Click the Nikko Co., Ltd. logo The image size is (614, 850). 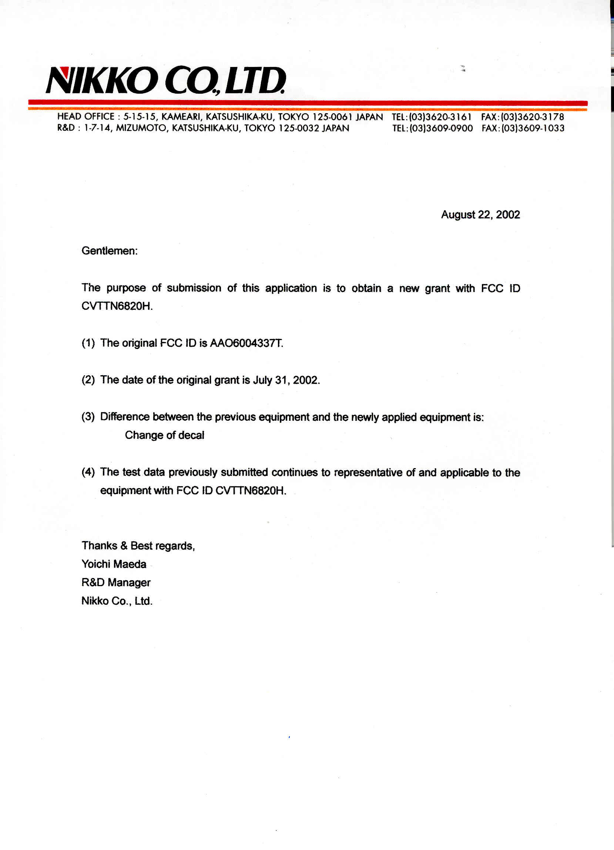[165, 80]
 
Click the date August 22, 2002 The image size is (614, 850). [480, 215]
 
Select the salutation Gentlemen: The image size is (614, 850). [110, 251]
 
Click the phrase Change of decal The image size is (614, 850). [164, 435]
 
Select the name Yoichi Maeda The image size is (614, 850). [114, 564]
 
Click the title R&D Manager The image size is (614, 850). [116, 582]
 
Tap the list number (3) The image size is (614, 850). [88, 417]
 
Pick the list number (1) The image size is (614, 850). [88, 343]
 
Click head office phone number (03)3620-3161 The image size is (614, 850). [440, 117]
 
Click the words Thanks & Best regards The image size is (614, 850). [138, 546]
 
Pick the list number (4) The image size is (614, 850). [88, 472]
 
